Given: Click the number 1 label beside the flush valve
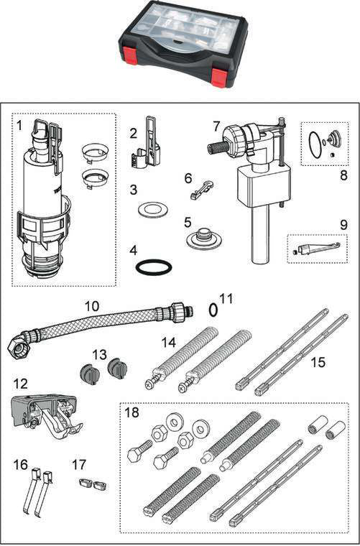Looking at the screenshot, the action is [19, 125].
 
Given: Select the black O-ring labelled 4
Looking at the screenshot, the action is [154, 267].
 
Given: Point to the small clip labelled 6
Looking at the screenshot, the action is [202, 190].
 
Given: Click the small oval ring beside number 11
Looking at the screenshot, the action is [213, 310].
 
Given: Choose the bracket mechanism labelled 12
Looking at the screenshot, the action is [46, 414].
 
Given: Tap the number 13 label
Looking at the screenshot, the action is [99, 355].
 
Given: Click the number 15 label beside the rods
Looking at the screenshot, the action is [318, 362].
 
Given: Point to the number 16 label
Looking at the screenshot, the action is [21, 464].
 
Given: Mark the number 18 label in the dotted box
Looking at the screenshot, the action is [131, 412].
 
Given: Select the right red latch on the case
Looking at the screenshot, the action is [219, 78].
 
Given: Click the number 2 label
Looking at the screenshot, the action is [134, 133].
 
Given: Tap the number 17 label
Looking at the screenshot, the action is [79, 464].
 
